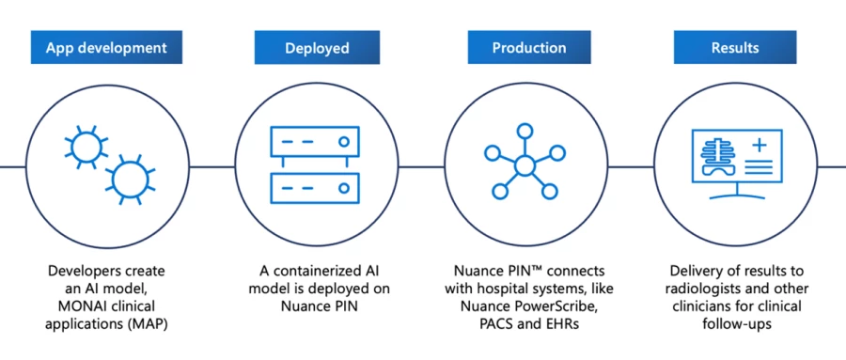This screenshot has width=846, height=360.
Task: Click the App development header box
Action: [106, 47]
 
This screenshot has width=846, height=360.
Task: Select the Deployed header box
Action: [317, 47]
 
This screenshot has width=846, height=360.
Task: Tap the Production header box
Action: [528, 47]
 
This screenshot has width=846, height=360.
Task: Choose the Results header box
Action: [736, 47]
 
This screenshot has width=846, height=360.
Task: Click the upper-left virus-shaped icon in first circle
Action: [83, 144]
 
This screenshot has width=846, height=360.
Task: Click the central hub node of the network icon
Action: [525, 166]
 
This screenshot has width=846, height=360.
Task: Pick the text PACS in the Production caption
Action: [499, 323]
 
